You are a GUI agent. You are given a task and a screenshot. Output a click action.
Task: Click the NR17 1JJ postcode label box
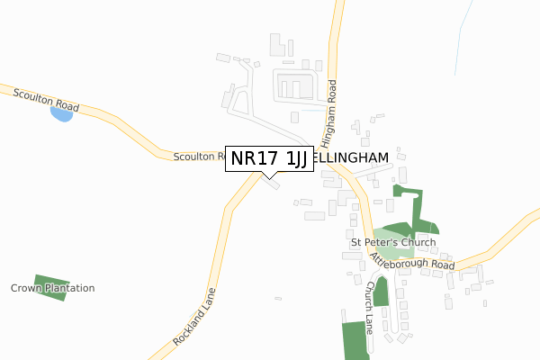(x=268, y=158)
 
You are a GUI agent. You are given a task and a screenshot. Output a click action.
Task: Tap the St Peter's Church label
(x=393, y=242)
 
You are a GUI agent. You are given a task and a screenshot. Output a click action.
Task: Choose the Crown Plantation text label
(x=53, y=288)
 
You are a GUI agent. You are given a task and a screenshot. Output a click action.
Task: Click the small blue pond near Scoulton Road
(x=61, y=115)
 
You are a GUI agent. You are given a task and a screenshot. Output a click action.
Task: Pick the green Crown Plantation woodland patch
(x=50, y=287)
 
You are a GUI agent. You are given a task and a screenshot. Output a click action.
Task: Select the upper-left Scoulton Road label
(x=46, y=99)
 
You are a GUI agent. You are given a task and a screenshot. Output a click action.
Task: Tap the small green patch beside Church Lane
(x=381, y=291)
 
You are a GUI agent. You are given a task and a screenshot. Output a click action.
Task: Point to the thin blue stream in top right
(x=463, y=36)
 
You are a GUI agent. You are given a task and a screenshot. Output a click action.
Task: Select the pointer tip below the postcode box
(x=268, y=176)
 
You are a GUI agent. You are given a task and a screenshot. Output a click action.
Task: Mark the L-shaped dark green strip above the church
(x=418, y=211)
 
